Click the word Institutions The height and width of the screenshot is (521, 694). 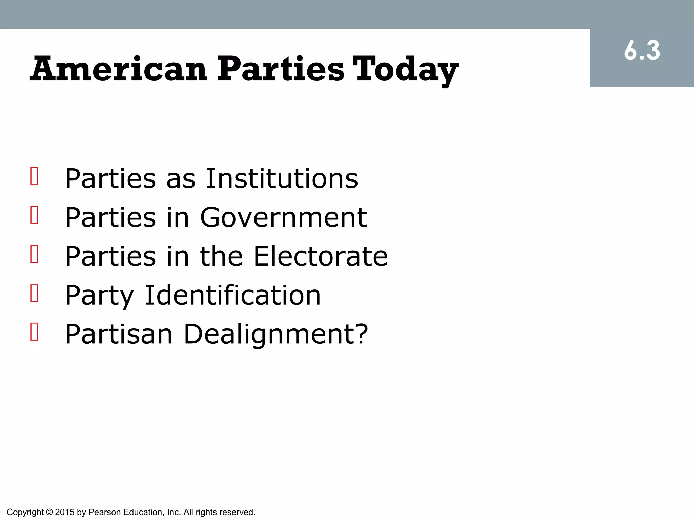282,178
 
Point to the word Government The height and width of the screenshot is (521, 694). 283,217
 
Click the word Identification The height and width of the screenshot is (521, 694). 232,295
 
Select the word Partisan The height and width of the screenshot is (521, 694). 119,334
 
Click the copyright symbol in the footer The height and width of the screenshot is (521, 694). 49,512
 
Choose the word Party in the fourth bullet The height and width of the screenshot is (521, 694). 100,295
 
